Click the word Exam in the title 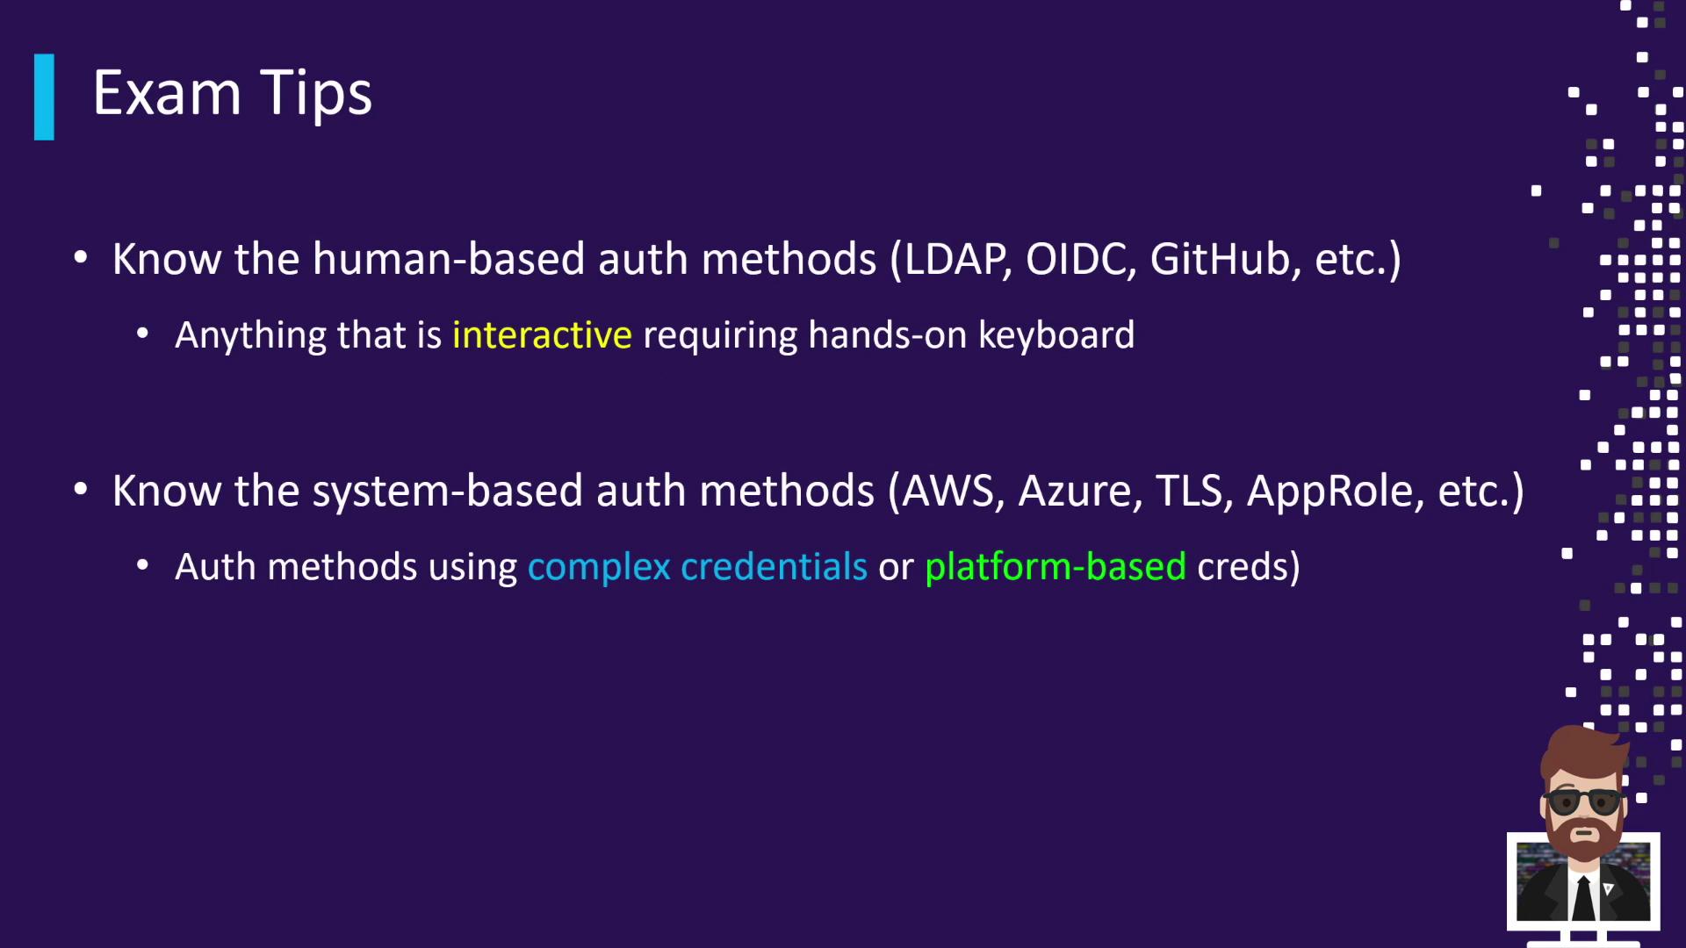[x=167, y=93]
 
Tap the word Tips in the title [x=317, y=93]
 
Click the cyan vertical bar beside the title [x=44, y=97]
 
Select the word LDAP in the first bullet [x=955, y=259]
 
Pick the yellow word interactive [x=542, y=335]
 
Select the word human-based [x=449, y=259]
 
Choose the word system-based [x=448, y=491]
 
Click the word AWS [x=952, y=491]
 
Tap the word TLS [x=1189, y=491]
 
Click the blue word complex [x=599, y=567]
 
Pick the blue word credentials [x=774, y=567]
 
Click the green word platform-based [x=1055, y=567]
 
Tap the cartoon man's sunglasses [x=1584, y=801]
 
